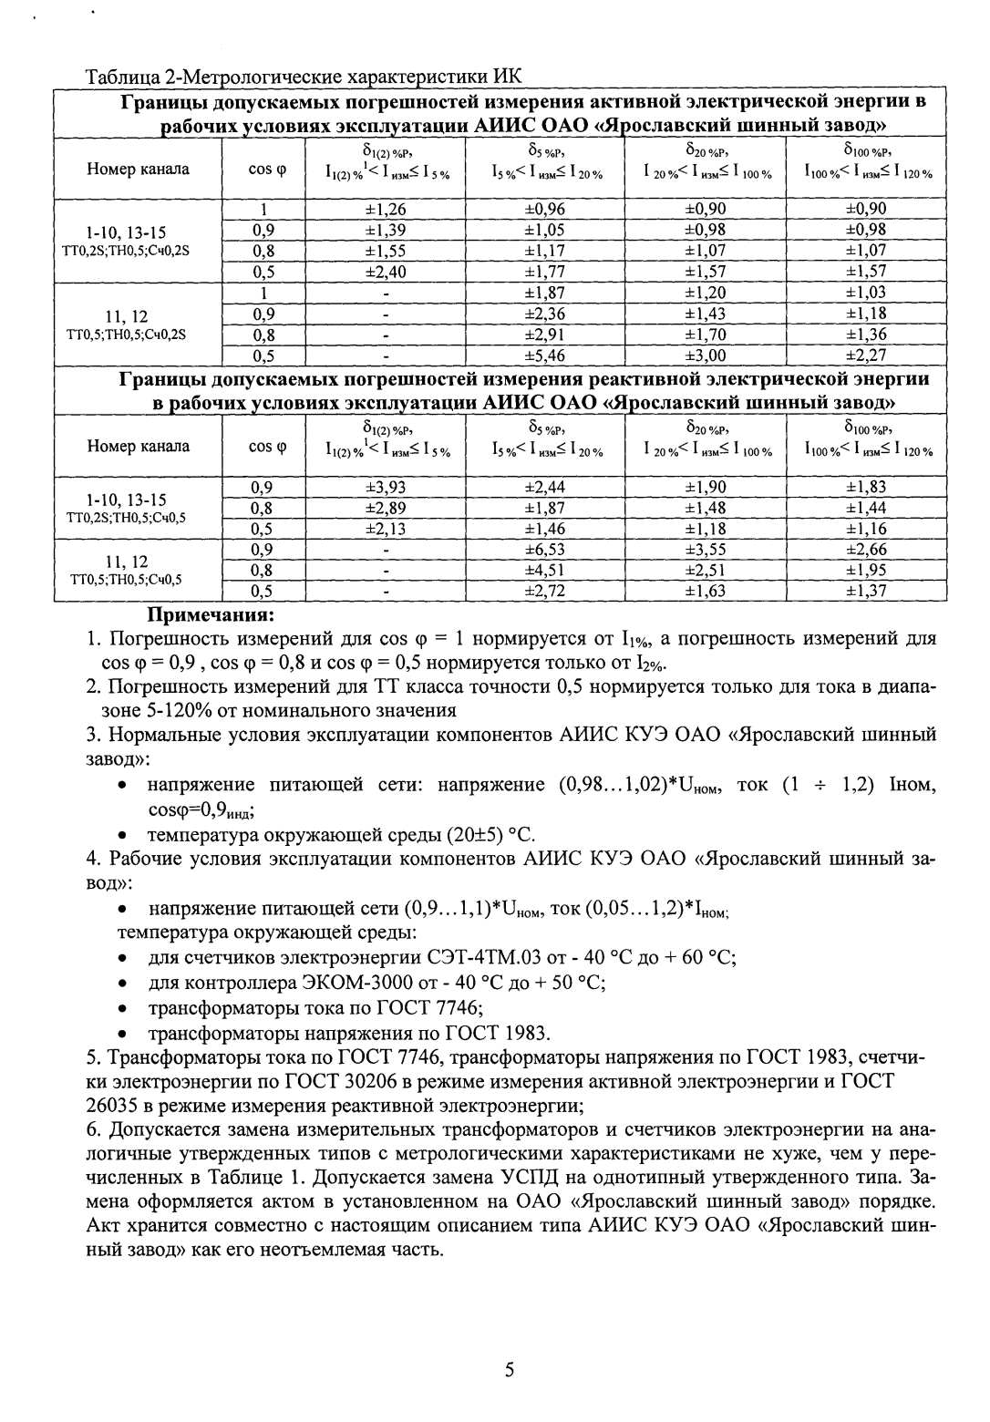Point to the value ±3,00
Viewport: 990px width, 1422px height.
(706, 355)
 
